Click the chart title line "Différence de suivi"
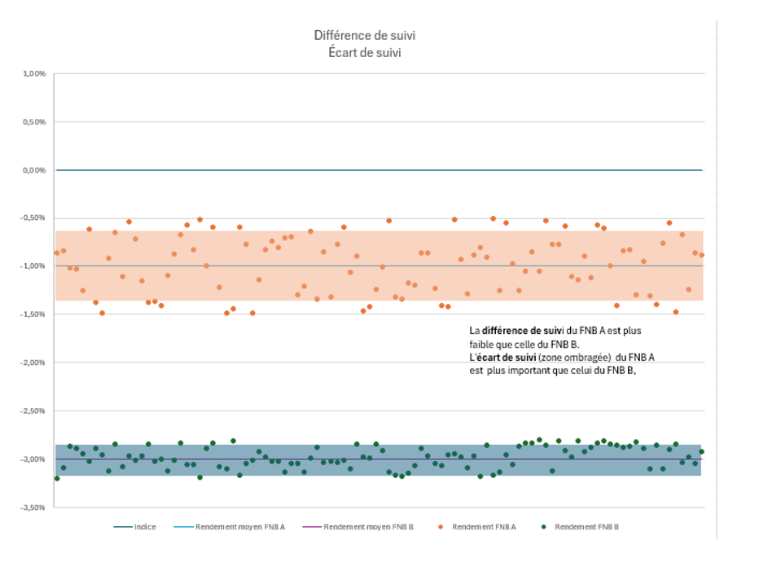pos(359,35)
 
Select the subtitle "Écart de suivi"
pos(359,51)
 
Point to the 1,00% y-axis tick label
pos(34,74)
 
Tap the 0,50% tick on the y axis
pos(34,122)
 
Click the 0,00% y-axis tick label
pos(34,170)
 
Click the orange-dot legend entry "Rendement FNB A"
pos(483,527)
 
